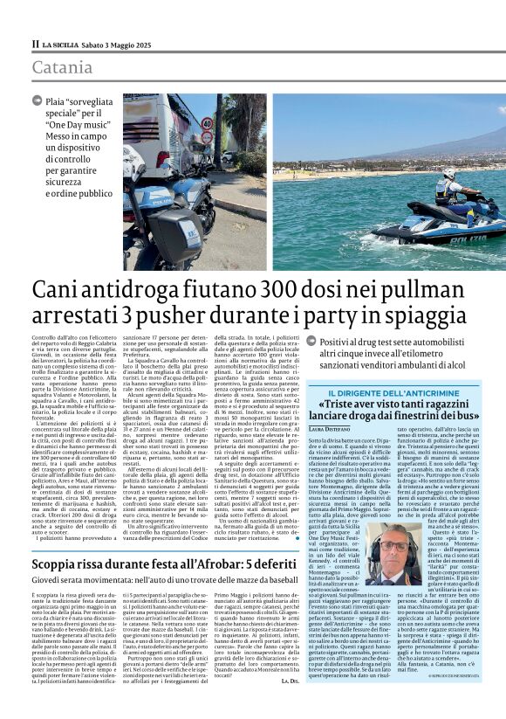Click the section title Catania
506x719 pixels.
pyautogui.click(x=62, y=67)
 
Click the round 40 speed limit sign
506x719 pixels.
pyautogui.click(x=206, y=137)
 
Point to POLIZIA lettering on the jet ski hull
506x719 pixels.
pyautogui.click(x=472, y=236)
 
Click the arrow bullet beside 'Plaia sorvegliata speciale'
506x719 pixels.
pyautogui.click(x=37, y=102)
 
